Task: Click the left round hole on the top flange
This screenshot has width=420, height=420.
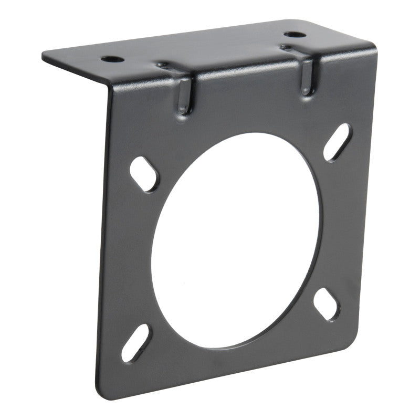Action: (113, 59)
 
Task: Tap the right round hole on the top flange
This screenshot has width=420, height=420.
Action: (295, 36)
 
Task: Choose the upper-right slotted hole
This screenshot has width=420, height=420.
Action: (338, 141)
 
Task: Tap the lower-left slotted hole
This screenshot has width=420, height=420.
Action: (135, 342)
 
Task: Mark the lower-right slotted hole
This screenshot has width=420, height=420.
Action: (327, 303)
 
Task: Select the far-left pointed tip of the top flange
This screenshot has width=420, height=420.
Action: (44, 55)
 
